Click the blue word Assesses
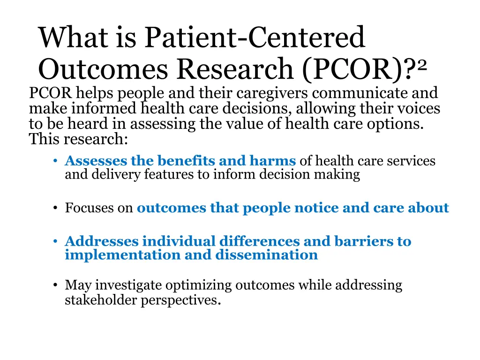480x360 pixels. click(96, 161)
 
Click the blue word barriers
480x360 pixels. click(358, 241)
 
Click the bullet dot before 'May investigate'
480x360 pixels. click(55, 285)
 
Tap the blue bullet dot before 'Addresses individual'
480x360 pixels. click(55, 241)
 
